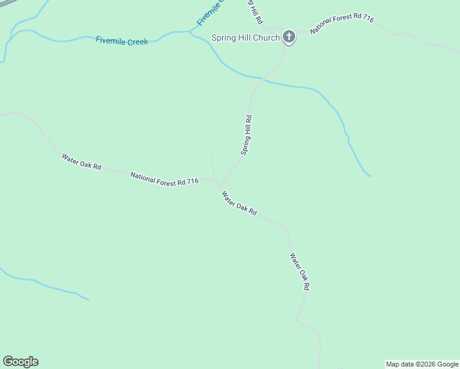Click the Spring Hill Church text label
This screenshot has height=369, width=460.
point(245,38)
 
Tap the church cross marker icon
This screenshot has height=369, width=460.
point(289,38)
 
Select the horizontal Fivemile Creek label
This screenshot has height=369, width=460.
point(122,41)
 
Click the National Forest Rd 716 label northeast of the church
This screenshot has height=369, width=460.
point(341,25)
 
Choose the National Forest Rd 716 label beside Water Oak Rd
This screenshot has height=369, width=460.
point(164,178)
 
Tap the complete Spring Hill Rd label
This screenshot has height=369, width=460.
point(246,135)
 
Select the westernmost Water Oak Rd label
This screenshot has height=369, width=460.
point(81,162)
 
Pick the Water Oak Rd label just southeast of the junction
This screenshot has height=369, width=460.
point(239,204)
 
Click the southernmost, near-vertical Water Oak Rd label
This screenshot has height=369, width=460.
point(299,272)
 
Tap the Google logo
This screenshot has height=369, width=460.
point(20,362)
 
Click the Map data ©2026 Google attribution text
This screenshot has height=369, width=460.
point(422,364)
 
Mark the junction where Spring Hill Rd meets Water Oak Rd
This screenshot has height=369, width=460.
point(219,183)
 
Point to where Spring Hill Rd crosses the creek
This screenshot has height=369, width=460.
point(263,79)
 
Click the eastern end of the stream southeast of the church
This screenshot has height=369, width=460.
point(370,176)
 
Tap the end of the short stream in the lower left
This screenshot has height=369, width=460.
point(89,300)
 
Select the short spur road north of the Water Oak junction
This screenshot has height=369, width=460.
point(212,165)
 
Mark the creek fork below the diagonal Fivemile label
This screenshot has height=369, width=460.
point(191,31)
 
